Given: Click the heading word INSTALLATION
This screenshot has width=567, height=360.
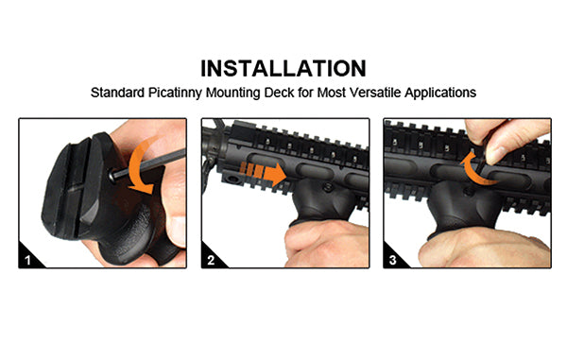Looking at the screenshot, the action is point(283,68).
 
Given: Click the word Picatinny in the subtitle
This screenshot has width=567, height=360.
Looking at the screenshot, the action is point(175,93).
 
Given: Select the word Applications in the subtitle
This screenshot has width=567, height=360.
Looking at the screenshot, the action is point(440,93).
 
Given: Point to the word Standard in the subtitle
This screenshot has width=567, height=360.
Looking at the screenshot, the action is point(117,93).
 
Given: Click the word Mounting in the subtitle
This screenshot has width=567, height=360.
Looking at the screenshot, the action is point(232,93).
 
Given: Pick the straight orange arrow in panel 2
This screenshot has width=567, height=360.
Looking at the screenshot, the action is point(264,174).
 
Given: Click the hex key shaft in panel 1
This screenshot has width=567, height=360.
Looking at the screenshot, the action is point(149,163).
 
